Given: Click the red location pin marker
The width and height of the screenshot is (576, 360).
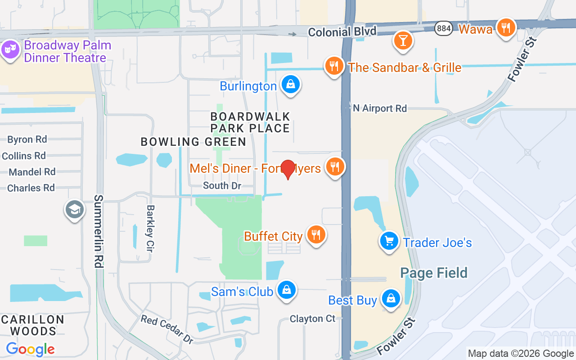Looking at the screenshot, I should click(288, 169).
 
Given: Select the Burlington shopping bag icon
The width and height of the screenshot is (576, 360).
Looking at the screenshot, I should click(291, 85).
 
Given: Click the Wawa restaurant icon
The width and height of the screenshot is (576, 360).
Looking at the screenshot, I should click(506, 28).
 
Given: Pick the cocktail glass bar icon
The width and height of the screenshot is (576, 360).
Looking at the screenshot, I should click(403, 40).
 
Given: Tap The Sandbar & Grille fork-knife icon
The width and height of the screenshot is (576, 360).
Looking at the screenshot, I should click(334, 67).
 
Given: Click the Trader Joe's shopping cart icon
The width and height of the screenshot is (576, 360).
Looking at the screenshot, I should click(389, 242).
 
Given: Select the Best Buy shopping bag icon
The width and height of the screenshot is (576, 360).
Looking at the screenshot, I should click(391, 299).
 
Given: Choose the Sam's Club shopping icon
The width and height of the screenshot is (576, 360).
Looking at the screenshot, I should click(286, 290).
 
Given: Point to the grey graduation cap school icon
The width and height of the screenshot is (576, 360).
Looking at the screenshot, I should click(75, 209).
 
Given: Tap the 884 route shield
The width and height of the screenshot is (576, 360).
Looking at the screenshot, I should click(444, 28).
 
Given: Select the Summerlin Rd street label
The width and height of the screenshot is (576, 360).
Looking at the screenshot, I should click(99, 231).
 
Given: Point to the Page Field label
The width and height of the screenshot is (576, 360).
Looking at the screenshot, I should click(433, 273).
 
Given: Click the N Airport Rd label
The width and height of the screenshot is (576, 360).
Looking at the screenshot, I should click(380, 108).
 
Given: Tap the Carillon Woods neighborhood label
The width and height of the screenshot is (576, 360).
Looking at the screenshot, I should click(33, 325).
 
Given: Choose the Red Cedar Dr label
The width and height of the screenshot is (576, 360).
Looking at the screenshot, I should click(167, 329).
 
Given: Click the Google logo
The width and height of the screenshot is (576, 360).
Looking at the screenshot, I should click(31, 349).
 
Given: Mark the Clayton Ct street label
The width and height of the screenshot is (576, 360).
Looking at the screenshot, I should click(312, 319).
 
